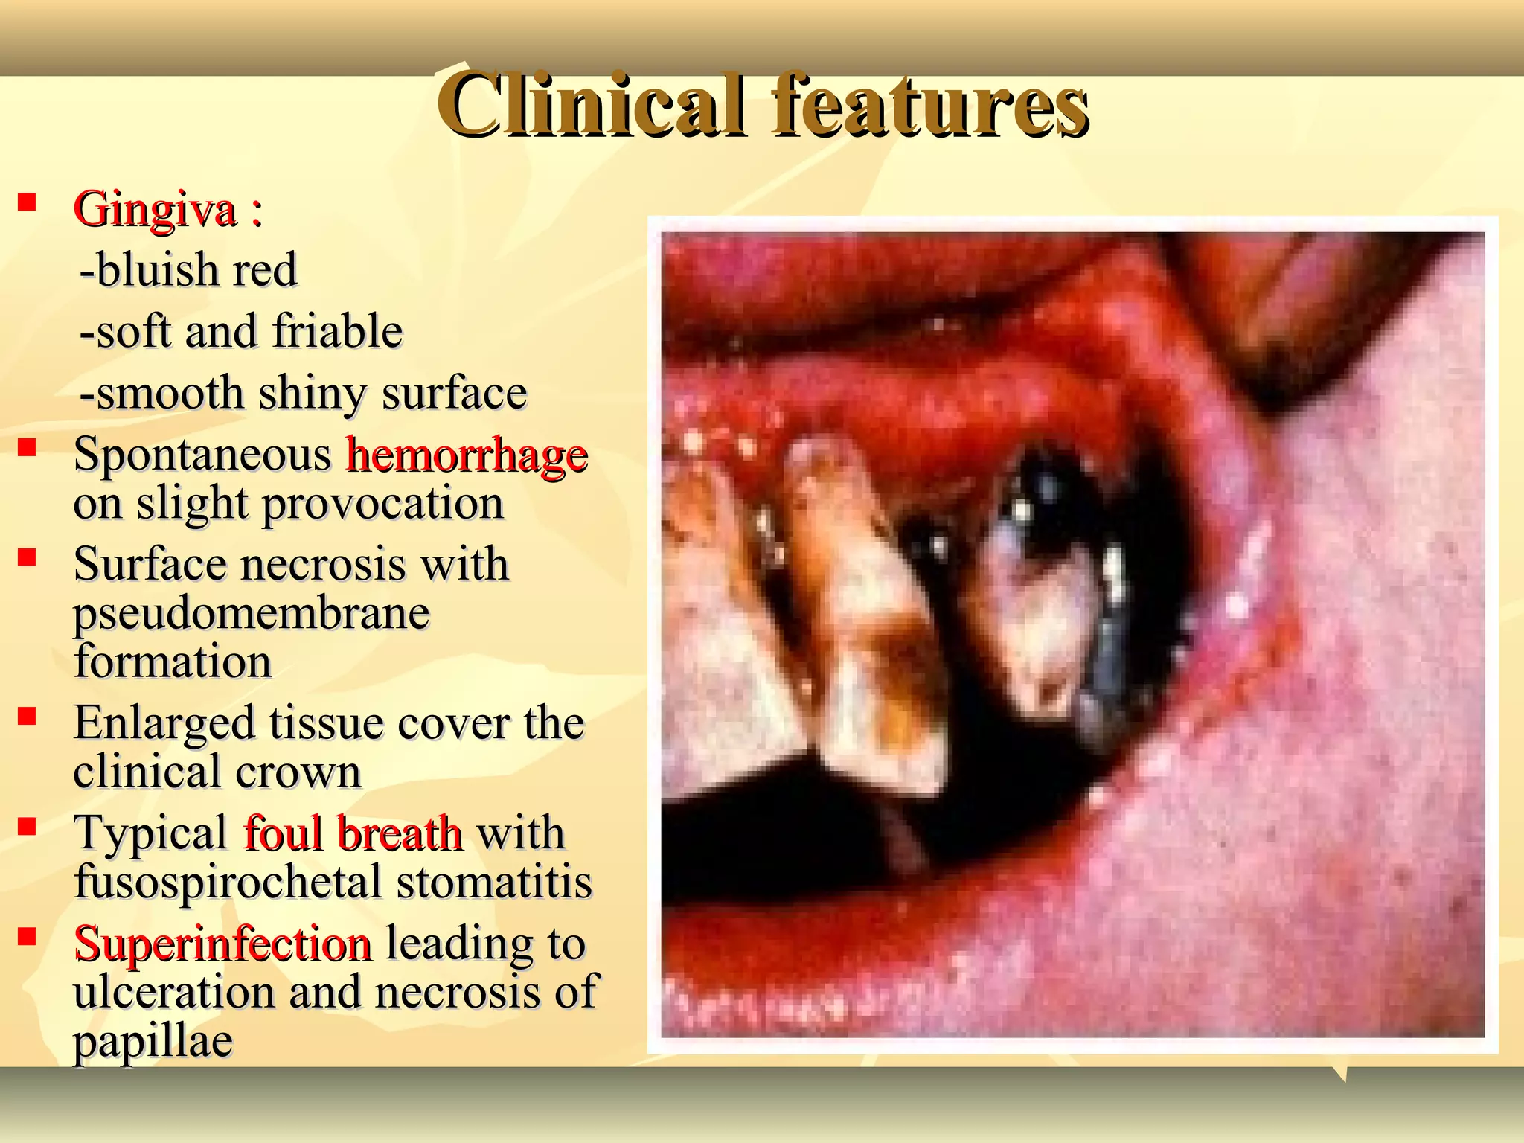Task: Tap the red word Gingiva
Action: [x=155, y=209]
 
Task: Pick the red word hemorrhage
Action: [x=467, y=455]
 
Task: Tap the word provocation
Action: [x=383, y=504]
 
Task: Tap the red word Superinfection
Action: [x=222, y=944]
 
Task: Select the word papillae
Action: [x=153, y=1041]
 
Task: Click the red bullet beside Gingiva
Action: [x=28, y=202]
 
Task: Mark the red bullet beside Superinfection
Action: [x=28, y=936]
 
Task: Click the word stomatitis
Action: [x=494, y=883]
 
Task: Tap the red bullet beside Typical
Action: [x=28, y=826]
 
